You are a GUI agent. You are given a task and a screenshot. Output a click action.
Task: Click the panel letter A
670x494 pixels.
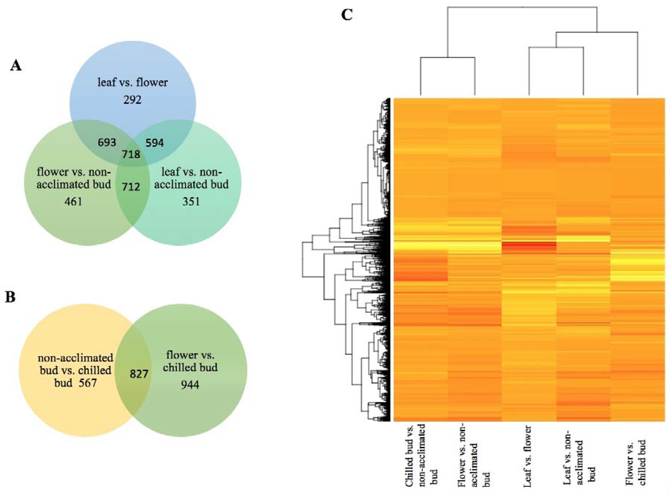point(16,65)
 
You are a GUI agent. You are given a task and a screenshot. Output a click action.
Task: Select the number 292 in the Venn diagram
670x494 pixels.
point(132,99)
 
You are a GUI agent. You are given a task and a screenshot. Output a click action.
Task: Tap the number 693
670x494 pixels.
point(107,142)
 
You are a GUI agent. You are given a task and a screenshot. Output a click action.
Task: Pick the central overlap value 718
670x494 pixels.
point(131,154)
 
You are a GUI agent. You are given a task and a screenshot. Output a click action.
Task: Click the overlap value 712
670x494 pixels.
point(131,187)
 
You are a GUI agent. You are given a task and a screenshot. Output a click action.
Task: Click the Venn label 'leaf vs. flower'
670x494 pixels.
point(133,82)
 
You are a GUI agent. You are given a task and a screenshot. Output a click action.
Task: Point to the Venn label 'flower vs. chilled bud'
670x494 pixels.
point(190,361)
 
